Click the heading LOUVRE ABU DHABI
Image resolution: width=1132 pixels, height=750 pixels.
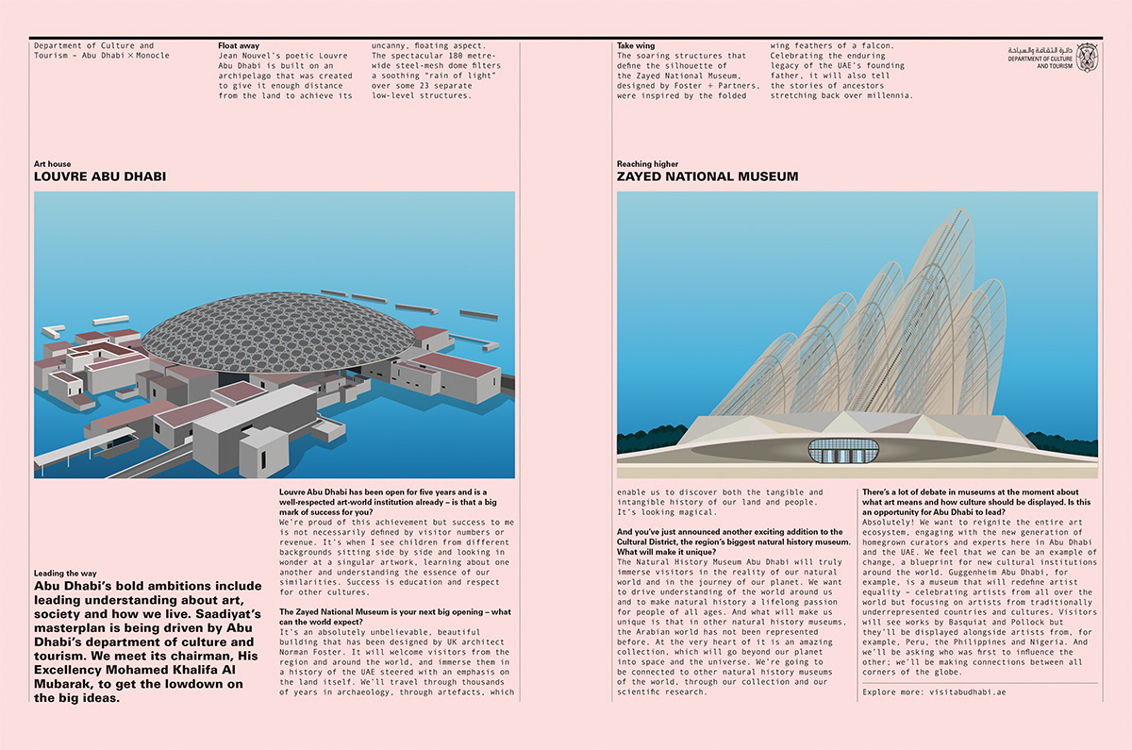pos(101,176)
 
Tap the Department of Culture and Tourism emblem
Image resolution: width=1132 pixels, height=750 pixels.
pos(1087,57)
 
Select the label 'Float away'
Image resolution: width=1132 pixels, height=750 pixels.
pos(239,45)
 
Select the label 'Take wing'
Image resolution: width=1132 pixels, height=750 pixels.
pos(636,45)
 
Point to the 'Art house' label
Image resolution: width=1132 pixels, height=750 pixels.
pos(52,164)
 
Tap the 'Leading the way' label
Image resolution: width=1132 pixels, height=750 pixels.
pos(65,573)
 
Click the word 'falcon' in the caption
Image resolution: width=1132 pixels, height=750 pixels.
pos(882,45)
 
